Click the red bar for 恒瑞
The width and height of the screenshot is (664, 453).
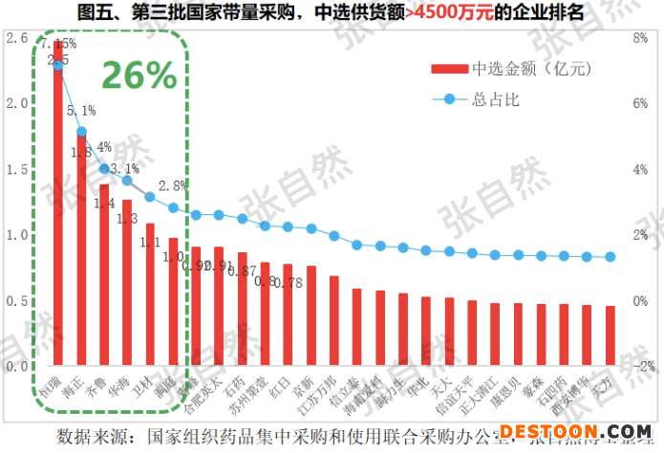[x=58, y=203]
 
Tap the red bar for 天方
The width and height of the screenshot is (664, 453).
[x=610, y=335]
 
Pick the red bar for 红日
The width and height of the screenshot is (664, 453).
[x=288, y=314]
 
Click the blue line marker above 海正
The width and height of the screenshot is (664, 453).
[x=81, y=132]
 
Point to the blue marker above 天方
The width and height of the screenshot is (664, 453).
[x=610, y=257]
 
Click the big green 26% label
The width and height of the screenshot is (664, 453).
[x=139, y=75]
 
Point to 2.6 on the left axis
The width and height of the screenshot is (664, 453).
[x=16, y=38]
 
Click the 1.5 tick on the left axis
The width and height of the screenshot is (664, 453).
[x=16, y=169]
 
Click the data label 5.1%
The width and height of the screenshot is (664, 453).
[x=81, y=111]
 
